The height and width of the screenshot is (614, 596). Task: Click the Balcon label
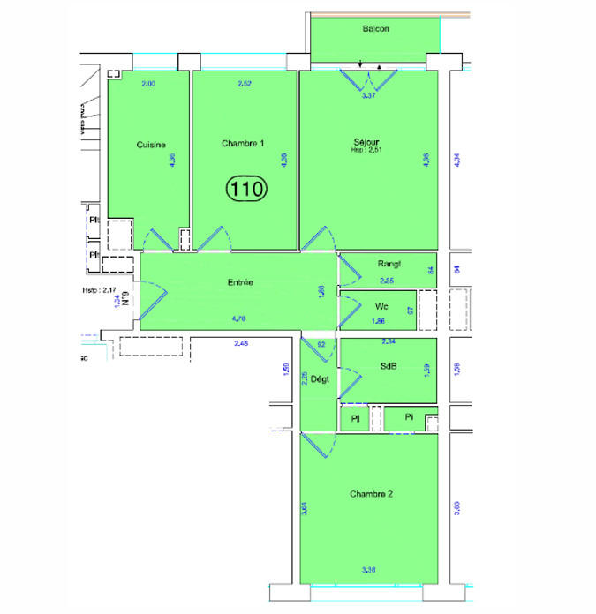[x=375, y=29]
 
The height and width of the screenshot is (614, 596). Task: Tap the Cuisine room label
[x=151, y=145]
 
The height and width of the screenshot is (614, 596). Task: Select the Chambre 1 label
[x=243, y=144]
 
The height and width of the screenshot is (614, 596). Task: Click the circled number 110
[x=247, y=187]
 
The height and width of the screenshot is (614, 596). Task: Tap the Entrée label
[x=240, y=282]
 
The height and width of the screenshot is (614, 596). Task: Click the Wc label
[x=381, y=306]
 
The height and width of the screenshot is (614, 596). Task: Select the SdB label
[x=389, y=365]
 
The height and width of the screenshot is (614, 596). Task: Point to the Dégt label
[x=320, y=380]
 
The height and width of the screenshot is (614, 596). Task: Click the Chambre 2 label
[x=371, y=494]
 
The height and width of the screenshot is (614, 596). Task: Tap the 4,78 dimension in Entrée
[x=238, y=318]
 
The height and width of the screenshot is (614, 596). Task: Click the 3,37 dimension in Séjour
[x=369, y=95]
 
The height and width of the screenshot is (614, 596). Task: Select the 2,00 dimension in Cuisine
[x=148, y=84]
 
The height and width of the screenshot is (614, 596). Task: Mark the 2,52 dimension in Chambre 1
[x=245, y=84]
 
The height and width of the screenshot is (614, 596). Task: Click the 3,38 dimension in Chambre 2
[x=369, y=571]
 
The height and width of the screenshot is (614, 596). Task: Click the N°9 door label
[x=126, y=298]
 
